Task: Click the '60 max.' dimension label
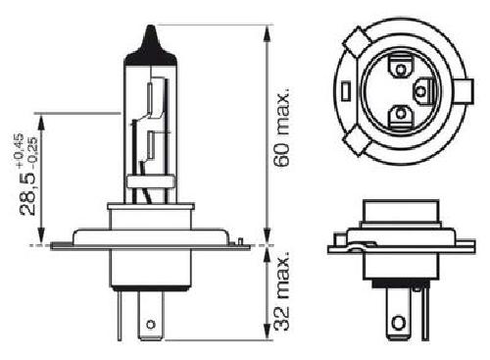(282, 127)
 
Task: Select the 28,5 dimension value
(28, 190)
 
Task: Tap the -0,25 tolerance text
(33, 150)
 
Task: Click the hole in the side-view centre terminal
(151, 325)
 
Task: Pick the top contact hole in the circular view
(400, 69)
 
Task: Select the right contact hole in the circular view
(421, 90)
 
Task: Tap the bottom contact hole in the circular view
(400, 114)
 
